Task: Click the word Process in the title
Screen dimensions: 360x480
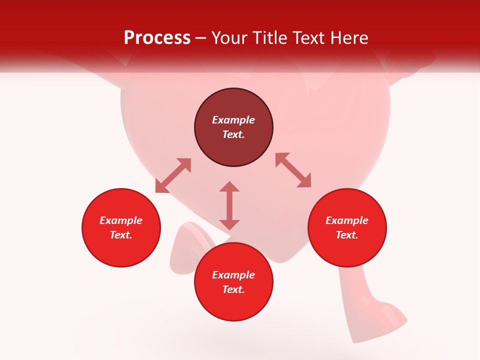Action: click(157, 38)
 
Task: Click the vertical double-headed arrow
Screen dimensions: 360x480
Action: click(229, 205)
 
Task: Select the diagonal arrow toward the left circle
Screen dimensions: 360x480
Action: click(173, 175)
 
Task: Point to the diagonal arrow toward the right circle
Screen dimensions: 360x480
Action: click(293, 170)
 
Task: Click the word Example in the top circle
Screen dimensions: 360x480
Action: click(233, 120)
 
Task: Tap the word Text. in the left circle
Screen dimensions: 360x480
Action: click(121, 235)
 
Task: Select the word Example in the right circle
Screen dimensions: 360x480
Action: click(347, 220)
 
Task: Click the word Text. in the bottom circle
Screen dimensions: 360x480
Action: click(233, 289)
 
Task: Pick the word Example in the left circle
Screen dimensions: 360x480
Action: click(121, 220)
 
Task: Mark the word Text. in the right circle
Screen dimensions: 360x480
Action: click(347, 235)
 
